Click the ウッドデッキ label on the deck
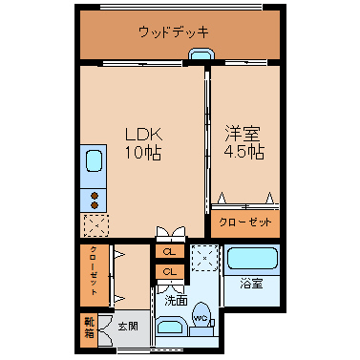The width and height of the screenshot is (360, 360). (x=174, y=32)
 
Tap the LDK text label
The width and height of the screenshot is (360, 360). (x=144, y=135)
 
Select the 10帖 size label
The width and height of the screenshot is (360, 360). (x=143, y=153)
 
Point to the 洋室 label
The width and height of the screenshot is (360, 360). (x=243, y=134)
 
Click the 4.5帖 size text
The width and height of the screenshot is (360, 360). (x=244, y=152)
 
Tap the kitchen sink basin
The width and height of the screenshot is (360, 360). (x=95, y=160)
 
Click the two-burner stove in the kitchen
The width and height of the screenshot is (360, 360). (x=94, y=201)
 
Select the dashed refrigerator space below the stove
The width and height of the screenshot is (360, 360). (x=96, y=225)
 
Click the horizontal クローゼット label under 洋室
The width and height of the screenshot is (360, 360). (x=245, y=222)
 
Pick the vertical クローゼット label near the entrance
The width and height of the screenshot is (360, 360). (x=95, y=270)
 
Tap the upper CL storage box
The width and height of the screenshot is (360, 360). (x=170, y=251)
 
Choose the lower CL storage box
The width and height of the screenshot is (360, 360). (x=170, y=271)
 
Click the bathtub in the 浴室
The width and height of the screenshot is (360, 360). (x=251, y=259)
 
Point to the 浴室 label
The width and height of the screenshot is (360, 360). (x=251, y=284)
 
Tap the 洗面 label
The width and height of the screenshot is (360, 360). (x=176, y=300)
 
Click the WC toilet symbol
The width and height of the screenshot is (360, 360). (x=201, y=315)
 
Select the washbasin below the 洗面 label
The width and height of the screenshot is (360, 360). (x=171, y=328)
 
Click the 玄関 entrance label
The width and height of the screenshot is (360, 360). (x=128, y=326)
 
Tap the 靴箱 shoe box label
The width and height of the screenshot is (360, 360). (x=90, y=328)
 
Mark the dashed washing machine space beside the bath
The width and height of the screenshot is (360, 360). (x=204, y=258)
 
